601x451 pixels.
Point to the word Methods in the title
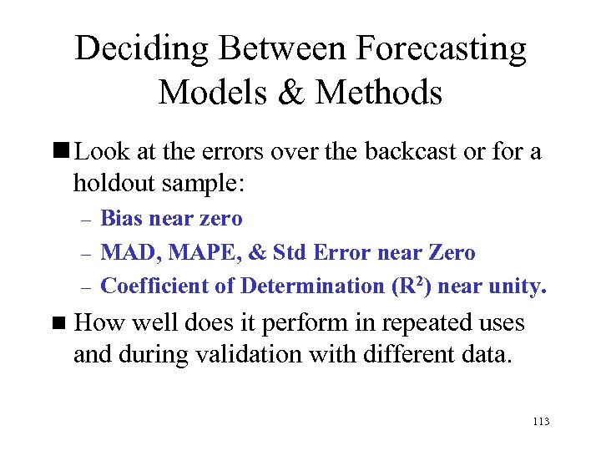(380, 92)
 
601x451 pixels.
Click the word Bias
(120, 219)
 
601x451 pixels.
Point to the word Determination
(313, 286)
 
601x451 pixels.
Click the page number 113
(540, 422)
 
